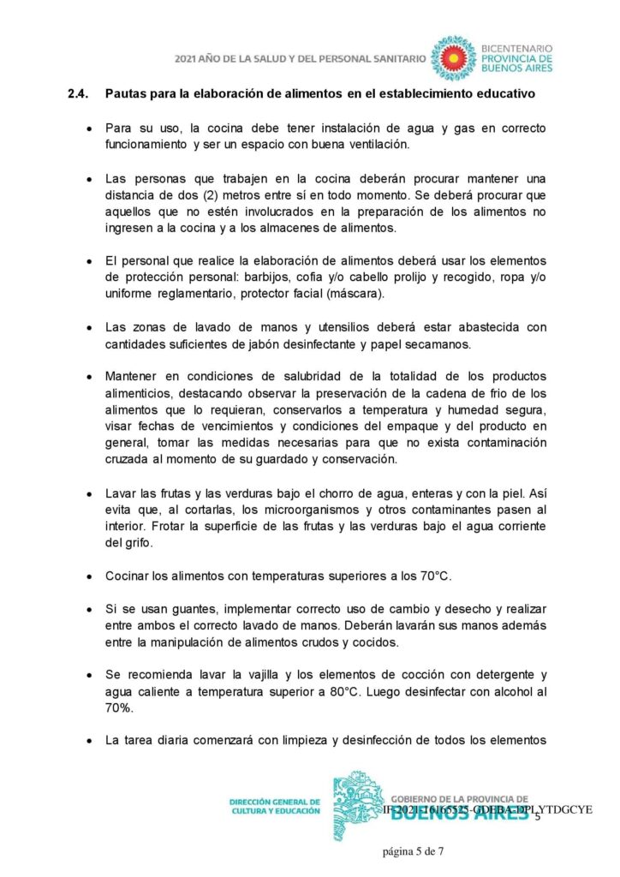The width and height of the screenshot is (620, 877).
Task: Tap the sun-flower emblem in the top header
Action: (x=452, y=57)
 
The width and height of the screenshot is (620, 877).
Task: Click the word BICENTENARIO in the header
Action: (x=518, y=49)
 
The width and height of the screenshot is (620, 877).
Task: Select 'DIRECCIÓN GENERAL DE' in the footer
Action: (x=274, y=802)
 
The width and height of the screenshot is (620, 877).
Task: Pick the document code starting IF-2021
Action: (x=486, y=809)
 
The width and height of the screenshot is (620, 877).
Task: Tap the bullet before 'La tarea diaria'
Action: (x=89, y=741)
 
